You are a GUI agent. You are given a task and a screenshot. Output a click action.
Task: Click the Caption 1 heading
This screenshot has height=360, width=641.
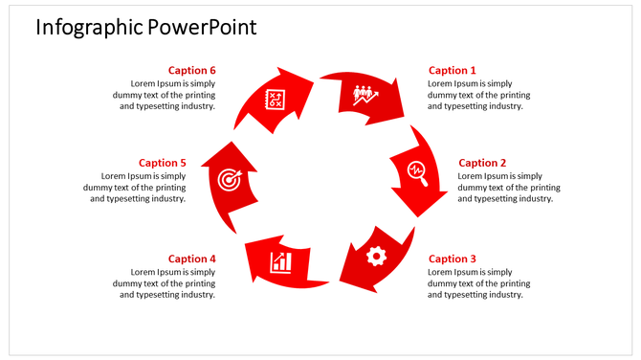click(452, 70)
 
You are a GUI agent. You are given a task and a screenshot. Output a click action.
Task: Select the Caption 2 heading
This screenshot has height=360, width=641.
click(482, 163)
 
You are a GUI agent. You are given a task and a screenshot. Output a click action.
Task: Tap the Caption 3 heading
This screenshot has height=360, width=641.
click(452, 259)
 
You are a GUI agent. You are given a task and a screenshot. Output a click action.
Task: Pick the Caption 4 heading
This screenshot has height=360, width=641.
click(192, 259)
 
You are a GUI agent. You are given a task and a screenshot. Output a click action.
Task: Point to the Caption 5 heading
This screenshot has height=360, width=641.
click(163, 163)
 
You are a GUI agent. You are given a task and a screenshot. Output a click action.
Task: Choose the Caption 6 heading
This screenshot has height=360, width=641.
click(192, 70)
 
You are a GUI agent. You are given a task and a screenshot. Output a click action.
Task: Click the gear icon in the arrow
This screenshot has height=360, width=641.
click(376, 256)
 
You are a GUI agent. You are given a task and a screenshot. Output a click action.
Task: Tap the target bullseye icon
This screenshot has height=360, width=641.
click(228, 179)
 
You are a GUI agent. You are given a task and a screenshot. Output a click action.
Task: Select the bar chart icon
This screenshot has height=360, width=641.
click(281, 261)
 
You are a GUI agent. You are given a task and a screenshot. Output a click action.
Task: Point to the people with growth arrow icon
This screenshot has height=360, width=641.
click(365, 94)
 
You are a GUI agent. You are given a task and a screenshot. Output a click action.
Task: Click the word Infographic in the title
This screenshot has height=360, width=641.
click(89, 27)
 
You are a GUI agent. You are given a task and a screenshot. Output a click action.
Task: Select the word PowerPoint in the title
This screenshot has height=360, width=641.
click(202, 27)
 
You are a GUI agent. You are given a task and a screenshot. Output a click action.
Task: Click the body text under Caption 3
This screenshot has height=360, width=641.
click(478, 283)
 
